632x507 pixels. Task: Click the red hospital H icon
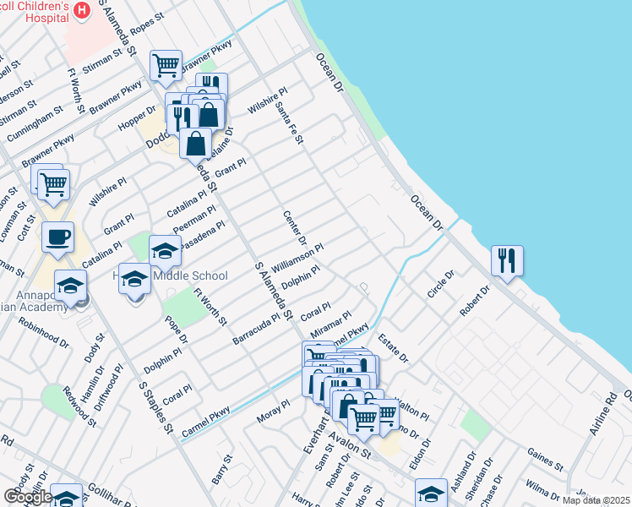82,10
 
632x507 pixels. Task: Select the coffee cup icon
57,237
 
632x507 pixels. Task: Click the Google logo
28,497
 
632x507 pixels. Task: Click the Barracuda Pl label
256,330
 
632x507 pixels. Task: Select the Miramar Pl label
330,326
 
